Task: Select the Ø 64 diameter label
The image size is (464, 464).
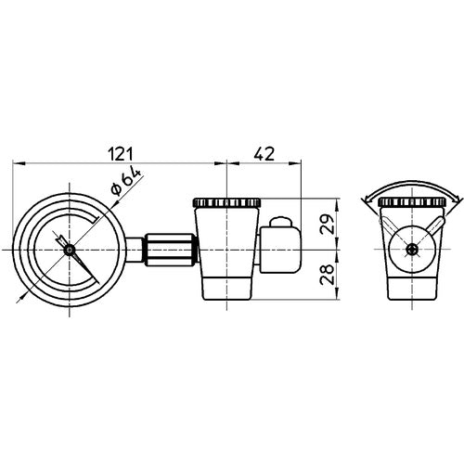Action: coord(123,182)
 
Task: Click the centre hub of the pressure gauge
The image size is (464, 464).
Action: coord(69,248)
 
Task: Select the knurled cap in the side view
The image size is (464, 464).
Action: coord(226,202)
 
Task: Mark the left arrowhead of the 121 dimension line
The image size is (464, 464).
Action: coord(18,164)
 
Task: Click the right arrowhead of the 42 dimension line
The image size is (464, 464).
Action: coord(302,164)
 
